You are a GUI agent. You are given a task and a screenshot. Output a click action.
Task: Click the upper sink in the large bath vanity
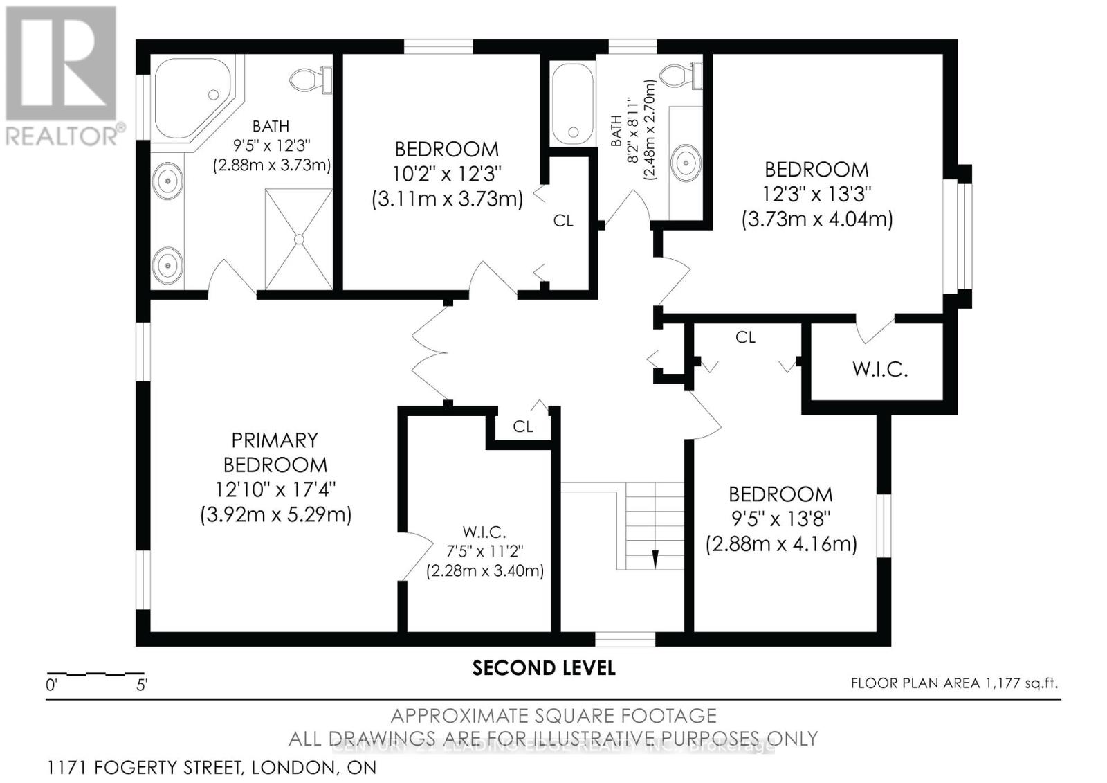(167, 182)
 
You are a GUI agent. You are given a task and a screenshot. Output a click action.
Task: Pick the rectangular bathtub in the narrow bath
(572, 102)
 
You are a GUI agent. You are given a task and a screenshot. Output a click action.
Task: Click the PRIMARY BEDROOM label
(275, 452)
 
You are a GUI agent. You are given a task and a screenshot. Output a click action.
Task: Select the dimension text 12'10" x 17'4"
(275, 489)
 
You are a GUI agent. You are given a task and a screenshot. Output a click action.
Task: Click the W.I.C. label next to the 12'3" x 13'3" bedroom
(879, 369)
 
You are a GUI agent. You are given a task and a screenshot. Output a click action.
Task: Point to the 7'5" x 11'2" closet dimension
(484, 552)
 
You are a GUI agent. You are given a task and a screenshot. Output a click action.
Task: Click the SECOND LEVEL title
(544, 668)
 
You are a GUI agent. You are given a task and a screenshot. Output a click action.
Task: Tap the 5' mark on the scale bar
(142, 685)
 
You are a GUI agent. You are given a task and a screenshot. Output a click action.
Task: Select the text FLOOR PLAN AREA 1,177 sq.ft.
(954, 683)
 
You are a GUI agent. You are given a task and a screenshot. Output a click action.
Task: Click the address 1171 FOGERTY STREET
(212, 768)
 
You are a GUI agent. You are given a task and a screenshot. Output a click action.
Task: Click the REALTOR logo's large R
(61, 62)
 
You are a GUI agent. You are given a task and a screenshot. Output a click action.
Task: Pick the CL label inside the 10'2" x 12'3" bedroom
(563, 221)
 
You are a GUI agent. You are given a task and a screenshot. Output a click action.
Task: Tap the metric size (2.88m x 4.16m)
(781, 543)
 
